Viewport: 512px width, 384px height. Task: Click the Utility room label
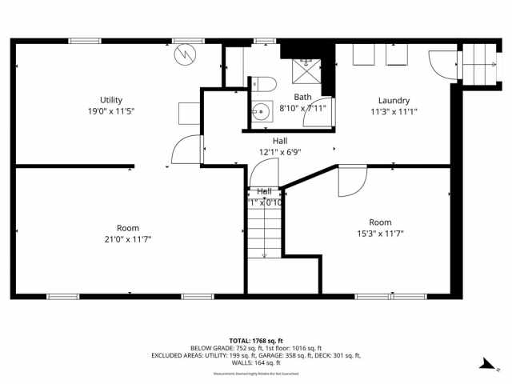[111, 99]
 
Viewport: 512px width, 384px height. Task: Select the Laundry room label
[394, 101]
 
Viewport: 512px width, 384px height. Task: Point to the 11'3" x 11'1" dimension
[394, 112]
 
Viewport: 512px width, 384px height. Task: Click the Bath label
[302, 97]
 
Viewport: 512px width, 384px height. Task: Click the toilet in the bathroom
[265, 83]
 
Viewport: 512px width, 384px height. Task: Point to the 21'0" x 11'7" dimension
[128, 238]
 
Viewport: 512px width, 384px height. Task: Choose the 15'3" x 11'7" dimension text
[380, 234]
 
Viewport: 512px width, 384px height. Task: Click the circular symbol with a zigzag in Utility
[185, 55]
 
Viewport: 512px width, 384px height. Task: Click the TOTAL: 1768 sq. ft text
[256, 341]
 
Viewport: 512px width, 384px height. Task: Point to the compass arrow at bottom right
[485, 366]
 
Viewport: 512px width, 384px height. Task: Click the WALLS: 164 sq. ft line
[256, 363]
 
